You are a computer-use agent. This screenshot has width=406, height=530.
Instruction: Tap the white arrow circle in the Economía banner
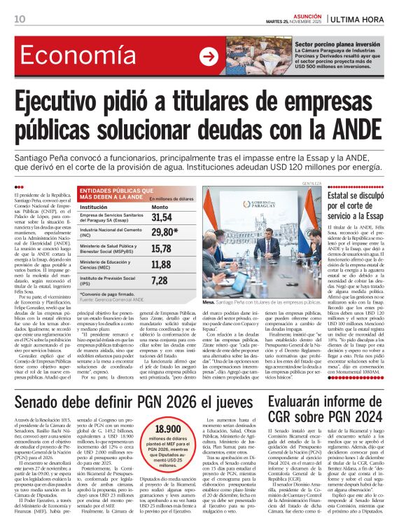coord(208,55)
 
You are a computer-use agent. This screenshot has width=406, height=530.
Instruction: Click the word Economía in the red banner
coord(71,57)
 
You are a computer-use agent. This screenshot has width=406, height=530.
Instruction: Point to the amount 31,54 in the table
coord(162,218)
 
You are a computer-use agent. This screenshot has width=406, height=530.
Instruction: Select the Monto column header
coord(160,207)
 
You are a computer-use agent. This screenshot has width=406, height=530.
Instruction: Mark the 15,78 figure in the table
coord(162,248)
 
